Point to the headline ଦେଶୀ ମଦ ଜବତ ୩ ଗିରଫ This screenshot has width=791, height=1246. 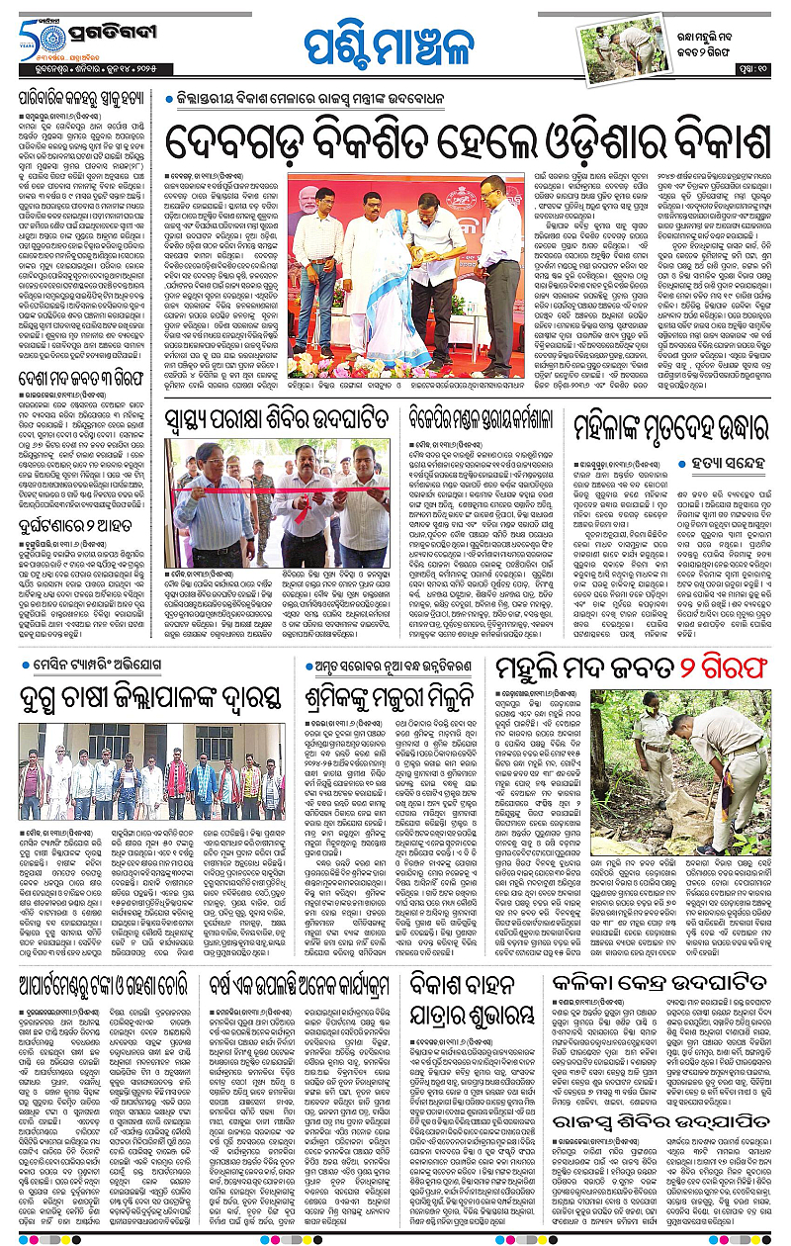(82, 376)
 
